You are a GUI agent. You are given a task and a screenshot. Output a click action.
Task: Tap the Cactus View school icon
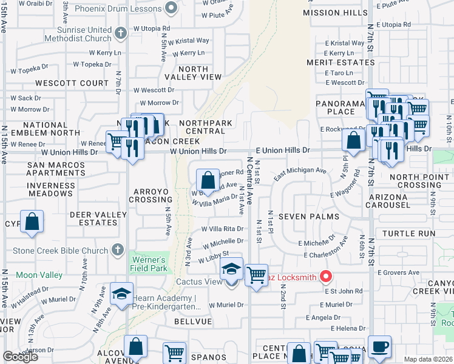tap(231, 269)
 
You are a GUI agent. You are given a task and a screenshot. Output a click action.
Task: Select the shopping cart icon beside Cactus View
tap(256, 275)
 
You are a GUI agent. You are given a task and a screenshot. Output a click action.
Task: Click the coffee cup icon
tap(379, 346)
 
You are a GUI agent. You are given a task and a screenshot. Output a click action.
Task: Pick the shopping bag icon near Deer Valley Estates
tap(32, 221)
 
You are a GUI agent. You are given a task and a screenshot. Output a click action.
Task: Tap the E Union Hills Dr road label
tap(282, 150)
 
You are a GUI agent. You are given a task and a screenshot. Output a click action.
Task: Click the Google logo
tap(20, 357)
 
